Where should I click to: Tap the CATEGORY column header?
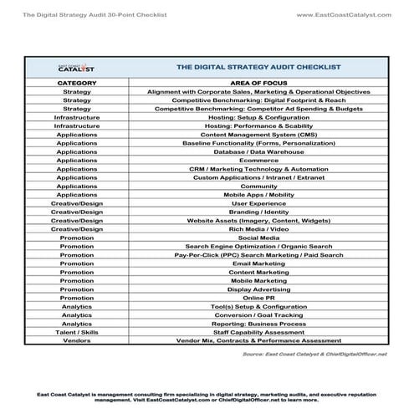pos(78,84)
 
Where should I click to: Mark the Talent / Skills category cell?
pos(78,332)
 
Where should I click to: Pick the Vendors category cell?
pos(78,341)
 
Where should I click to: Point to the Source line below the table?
pos(314,355)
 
